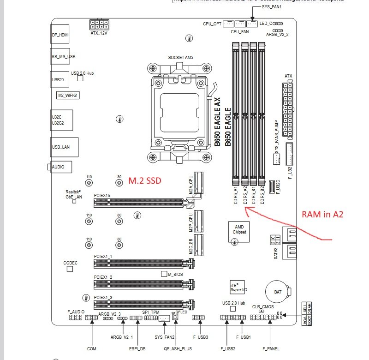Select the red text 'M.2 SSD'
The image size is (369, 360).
tap(145, 181)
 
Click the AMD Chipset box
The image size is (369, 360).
tap(239, 229)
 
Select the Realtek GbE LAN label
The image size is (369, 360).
tap(73, 194)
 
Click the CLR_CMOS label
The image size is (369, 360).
tap(261, 306)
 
